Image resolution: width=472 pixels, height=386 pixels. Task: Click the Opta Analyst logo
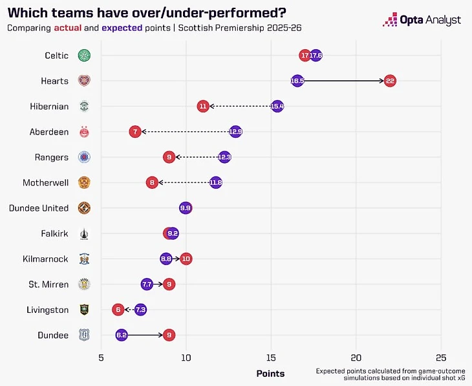pos(422,20)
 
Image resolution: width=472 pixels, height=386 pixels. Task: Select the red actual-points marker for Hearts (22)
pos(390,81)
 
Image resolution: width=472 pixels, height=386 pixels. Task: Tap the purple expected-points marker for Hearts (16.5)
pos(297,81)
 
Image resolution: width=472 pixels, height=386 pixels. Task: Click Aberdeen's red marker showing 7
pos(134,132)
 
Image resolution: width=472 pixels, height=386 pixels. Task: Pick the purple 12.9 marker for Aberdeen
pos(235,132)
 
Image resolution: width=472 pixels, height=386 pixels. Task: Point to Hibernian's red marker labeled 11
pos(203,106)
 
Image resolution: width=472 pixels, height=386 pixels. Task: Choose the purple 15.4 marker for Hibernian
pos(277,106)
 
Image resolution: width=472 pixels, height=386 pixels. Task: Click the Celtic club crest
pos(84,56)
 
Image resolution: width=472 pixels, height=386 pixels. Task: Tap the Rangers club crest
pos(84,157)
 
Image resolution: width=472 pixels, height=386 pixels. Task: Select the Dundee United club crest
pos(84,208)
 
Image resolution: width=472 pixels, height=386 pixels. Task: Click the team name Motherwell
pos(45,182)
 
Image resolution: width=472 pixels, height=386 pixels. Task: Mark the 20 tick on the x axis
pos(356,357)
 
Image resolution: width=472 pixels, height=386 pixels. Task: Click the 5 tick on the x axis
pos(101,357)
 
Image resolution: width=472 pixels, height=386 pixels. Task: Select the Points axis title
pos(270,373)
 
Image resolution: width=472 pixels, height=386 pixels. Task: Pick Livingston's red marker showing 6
pos(118,310)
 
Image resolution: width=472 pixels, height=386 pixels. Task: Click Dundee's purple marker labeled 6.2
pos(122,335)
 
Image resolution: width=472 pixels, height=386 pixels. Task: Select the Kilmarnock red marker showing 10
pos(186,259)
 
